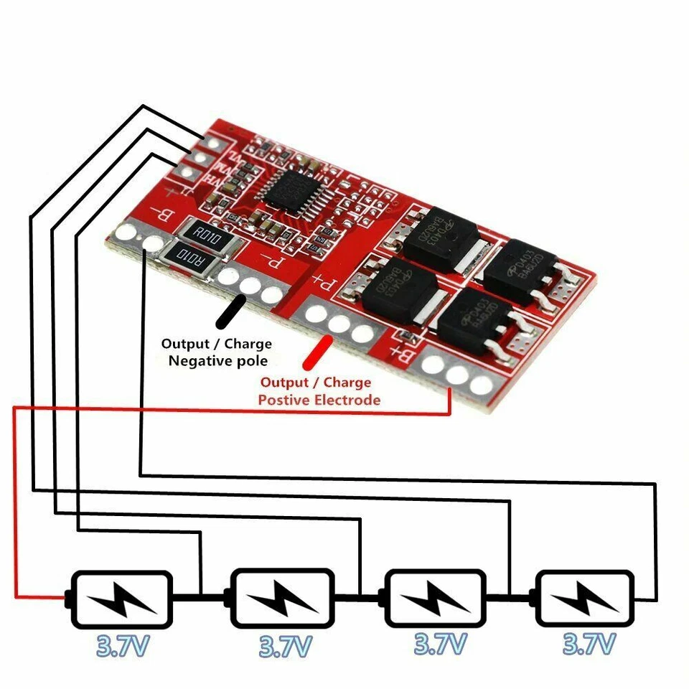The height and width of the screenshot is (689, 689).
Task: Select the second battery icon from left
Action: (x=282, y=597)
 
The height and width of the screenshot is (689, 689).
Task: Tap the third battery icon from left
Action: (x=436, y=596)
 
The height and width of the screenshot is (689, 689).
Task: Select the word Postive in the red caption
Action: (x=285, y=400)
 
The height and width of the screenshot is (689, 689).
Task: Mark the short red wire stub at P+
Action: (x=315, y=352)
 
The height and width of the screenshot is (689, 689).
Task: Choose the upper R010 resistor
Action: (x=207, y=233)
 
